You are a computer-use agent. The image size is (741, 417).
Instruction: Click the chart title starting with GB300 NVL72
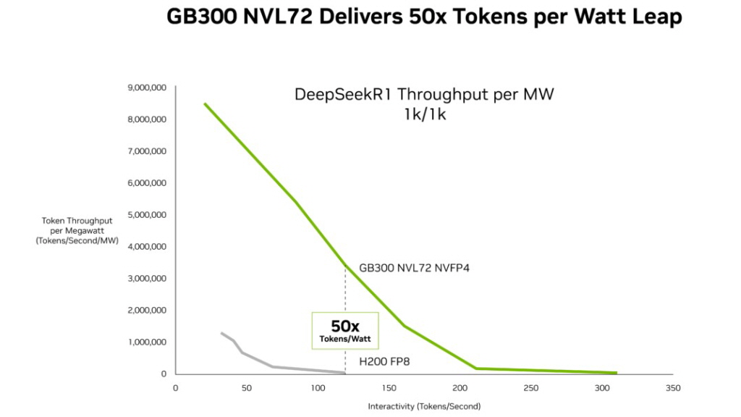424,17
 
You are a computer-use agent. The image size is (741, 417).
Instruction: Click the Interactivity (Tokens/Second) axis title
424,406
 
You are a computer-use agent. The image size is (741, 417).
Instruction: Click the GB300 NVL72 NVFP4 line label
415,268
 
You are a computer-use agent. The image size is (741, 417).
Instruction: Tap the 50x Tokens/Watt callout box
345,331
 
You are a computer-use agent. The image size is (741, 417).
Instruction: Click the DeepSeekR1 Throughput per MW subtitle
424,95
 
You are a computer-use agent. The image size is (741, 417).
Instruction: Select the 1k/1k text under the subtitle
425,114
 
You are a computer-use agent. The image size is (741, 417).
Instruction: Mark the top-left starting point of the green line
205,104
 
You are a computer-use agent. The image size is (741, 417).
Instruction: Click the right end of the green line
616,373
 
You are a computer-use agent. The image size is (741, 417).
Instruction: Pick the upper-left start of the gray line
221,333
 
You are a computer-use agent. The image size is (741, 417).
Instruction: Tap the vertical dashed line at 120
346,290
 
